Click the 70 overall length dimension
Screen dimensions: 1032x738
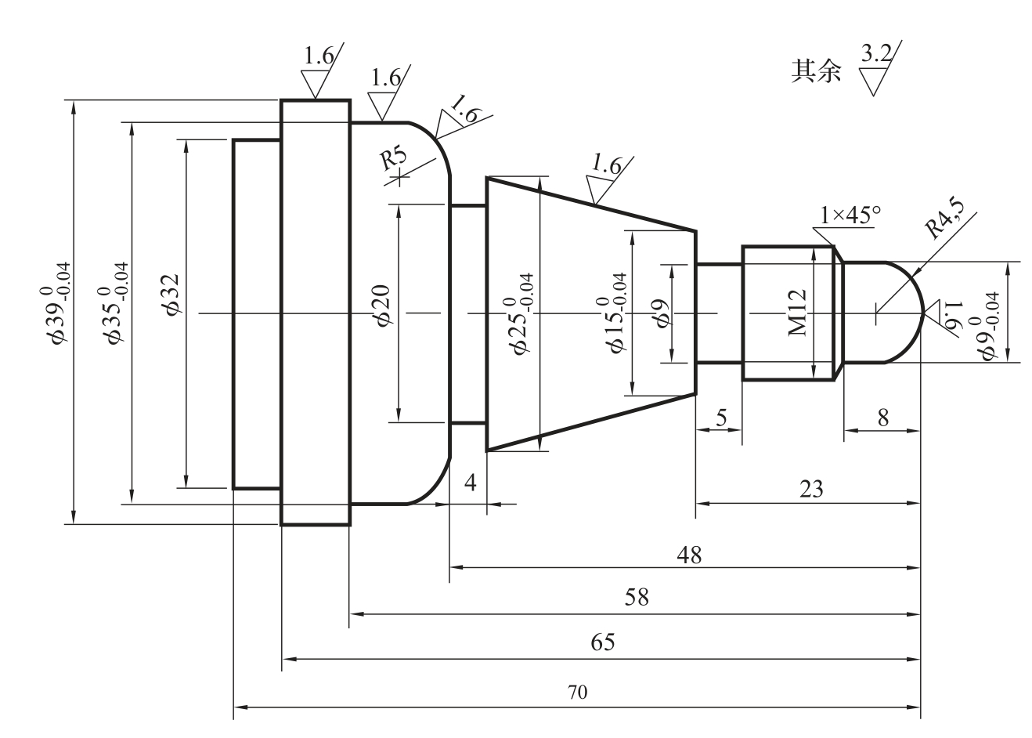click(577, 692)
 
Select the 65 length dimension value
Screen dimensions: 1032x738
click(603, 642)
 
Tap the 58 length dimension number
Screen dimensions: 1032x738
click(637, 597)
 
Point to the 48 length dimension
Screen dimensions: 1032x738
click(689, 555)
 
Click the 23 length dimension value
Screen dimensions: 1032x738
click(811, 489)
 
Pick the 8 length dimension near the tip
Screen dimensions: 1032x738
click(882, 418)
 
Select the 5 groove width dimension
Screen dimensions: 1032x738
click(721, 418)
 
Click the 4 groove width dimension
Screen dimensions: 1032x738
click(470, 483)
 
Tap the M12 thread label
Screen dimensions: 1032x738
click(798, 312)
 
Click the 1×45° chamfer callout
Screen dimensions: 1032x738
click(850, 215)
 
